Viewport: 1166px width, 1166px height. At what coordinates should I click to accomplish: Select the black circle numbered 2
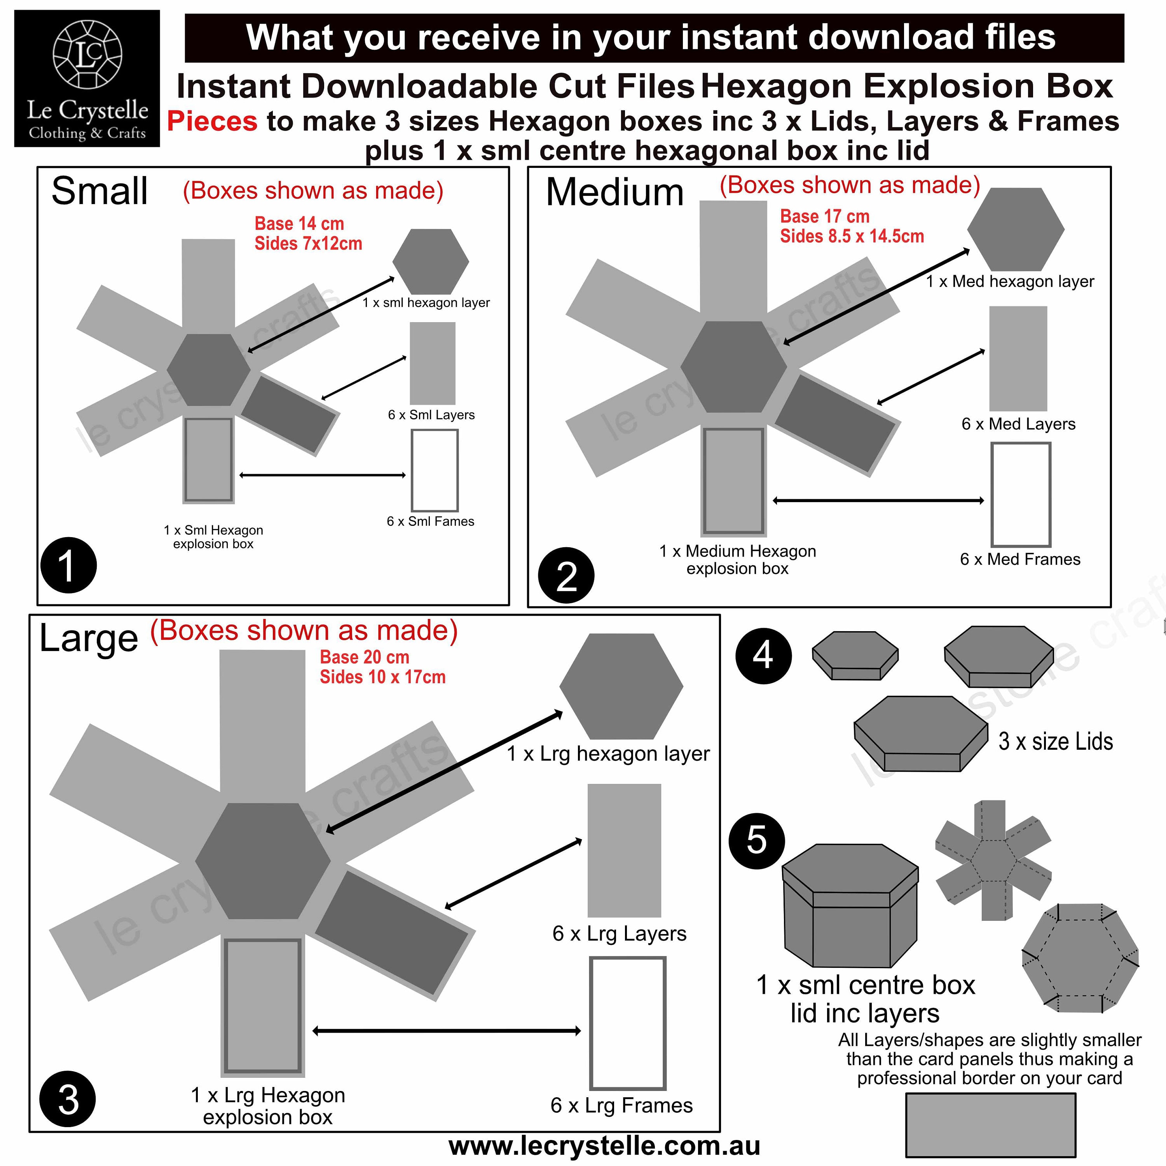coord(566,575)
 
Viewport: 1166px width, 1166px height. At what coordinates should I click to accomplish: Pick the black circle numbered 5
coord(757,841)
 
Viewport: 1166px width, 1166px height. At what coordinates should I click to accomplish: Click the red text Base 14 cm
coord(299,224)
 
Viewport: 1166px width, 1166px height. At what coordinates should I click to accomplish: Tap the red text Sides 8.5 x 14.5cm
coord(852,236)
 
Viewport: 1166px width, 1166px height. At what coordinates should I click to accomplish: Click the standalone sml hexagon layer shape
coord(430,261)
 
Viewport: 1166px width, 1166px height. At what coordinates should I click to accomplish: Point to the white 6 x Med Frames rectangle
coord(1021,494)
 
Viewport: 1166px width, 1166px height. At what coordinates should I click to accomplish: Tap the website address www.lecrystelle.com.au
coord(604,1145)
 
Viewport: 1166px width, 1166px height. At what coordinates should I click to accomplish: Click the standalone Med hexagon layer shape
coord(1016,229)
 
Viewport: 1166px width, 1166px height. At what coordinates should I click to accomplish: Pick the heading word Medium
coord(614,192)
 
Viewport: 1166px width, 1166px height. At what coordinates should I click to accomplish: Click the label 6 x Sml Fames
coord(430,522)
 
